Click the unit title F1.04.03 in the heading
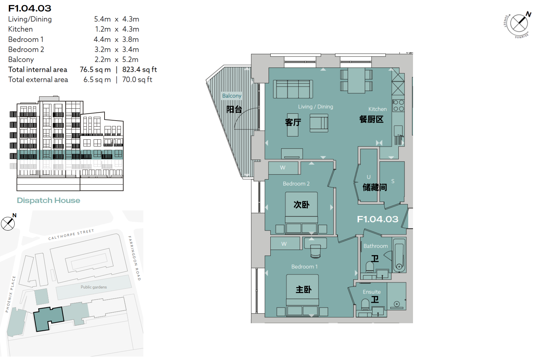tap(30, 9)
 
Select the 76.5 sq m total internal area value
tap(95, 70)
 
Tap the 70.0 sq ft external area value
tap(137, 80)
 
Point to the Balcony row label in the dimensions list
tap(21, 60)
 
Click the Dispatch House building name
tap(48, 200)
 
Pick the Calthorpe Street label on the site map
tap(71, 235)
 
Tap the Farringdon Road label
tap(134, 258)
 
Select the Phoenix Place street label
tap(10, 294)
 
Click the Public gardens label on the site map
tap(94, 287)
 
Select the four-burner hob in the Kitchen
tap(398, 106)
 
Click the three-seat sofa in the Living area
tap(293, 89)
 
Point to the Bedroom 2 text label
tap(296, 184)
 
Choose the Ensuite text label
tap(371, 292)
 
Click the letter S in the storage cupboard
tap(393, 181)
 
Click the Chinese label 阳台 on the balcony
tap(234, 109)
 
